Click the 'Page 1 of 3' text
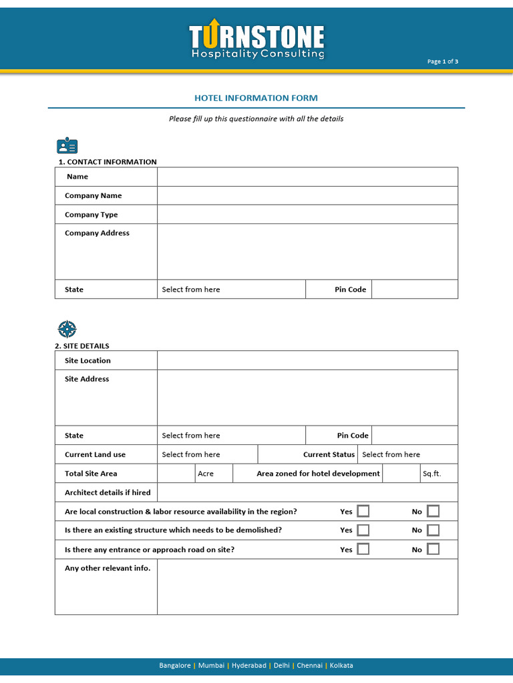(x=442, y=61)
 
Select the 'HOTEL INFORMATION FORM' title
(x=256, y=98)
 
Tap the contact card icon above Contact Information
(x=67, y=146)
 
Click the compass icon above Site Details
(x=67, y=329)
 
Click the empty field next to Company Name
(x=307, y=195)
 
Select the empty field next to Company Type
(x=307, y=215)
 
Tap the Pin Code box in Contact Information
(x=414, y=289)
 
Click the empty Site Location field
(x=307, y=360)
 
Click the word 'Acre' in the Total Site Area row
(x=206, y=474)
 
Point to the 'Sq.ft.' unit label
(x=432, y=474)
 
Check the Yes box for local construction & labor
(x=363, y=512)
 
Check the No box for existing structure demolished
(x=434, y=530)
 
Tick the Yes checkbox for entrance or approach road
(x=363, y=550)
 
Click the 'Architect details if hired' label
(x=108, y=492)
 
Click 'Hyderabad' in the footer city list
(x=248, y=666)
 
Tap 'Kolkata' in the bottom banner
(x=341, y=666)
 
